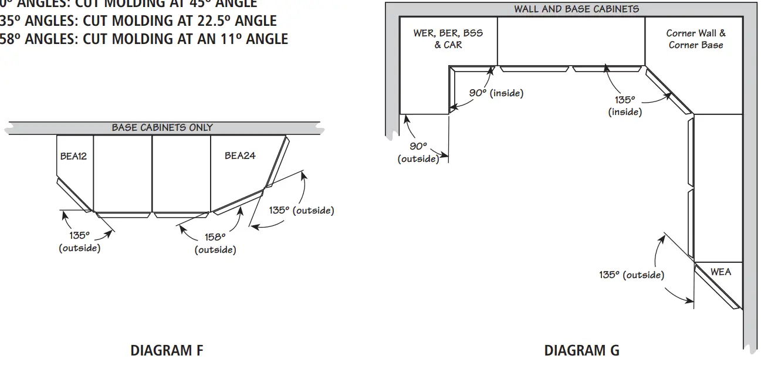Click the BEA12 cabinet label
click(x=73, y=156)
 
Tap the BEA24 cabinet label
click(x=240, y=155)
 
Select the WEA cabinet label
click(x=721, y=272)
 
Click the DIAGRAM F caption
click(x=167, y=351)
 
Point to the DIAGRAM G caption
click(x=581, y=351)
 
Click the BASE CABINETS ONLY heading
click(x=163, y=127)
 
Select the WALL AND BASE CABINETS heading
click(x=576, y=9)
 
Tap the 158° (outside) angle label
click(x=215, y=243)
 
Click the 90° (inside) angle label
click(x=496, y=93)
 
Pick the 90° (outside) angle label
click(x=418, y=153)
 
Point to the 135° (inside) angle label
click(x=625, y=106)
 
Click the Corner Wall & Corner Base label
click(x=696, y=39)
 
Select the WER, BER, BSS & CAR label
click(x=448, y=39)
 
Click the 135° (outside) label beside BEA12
click(x=79, y=242)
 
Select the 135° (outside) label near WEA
click(x=631, y=275)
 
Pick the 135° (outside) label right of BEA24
click(x=302, y=210)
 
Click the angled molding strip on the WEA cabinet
click(x=716, y=287)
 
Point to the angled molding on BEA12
click(x=74, y=195)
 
